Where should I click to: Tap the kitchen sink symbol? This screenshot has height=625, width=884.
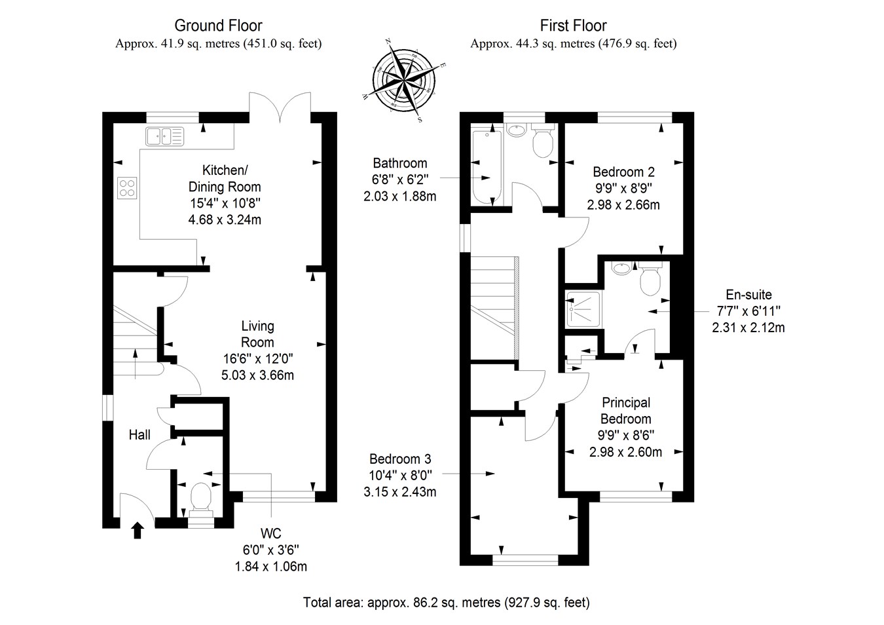point(165,136)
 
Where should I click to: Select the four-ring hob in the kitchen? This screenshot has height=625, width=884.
point(127,188)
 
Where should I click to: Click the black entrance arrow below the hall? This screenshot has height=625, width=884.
point(138,530)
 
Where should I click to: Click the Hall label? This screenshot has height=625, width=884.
point(139,435)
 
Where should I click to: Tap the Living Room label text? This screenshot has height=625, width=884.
point(257,334)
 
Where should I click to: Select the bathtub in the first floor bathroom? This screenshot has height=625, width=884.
point(487,167)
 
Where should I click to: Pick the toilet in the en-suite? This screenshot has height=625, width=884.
point(650,280)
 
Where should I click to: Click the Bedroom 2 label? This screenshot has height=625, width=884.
point(623,172)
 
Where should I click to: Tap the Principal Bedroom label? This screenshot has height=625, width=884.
point(626,411)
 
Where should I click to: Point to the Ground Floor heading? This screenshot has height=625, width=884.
point(218,26)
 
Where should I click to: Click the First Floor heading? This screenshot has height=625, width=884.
point(573,26)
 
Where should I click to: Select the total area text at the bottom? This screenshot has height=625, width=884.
point(447,602)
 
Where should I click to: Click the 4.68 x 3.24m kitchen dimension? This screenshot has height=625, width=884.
point(225,220)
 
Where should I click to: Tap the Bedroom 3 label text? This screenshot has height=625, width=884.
point(400,459)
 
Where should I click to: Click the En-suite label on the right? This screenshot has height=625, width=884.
point(748,295)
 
